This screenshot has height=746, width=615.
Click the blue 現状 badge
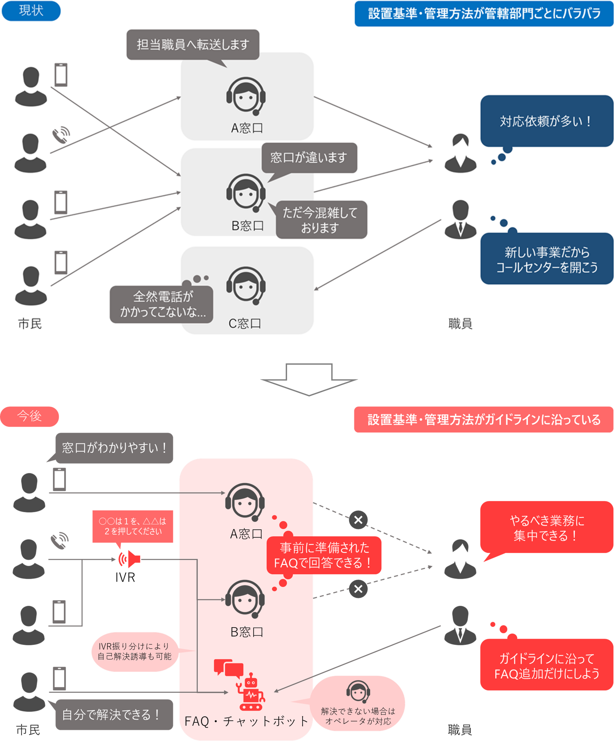coord(31,10)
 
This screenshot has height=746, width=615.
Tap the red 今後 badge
coord(30,416)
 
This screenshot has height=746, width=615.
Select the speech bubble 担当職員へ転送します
coord(193,45)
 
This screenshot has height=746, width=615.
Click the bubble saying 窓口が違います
coord(309,158)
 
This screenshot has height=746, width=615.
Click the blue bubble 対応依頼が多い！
coord(546,121)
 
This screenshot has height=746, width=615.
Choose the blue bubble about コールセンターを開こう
coord(546,259)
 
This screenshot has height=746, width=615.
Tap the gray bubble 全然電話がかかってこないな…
coord(161,304)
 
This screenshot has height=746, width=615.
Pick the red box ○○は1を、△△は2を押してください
coord(133,526)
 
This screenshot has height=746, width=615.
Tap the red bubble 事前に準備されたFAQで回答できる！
coord(324,555)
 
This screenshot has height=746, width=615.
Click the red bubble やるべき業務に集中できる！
coord(546,528)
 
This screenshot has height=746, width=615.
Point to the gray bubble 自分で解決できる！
coord(114,715)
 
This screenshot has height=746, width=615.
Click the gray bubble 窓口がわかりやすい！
coord(114,448)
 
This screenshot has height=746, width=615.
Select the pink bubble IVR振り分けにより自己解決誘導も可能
coord(135,651)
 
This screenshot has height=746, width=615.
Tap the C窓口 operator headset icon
coord(246,285)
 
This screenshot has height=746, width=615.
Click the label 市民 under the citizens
coord(30,323)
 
